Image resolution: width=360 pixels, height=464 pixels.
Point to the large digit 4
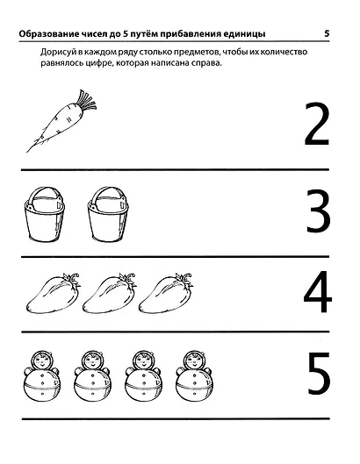[316, 294]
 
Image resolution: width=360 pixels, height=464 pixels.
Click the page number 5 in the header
[328, 34]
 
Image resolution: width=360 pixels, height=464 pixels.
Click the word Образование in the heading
[43, 34]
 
